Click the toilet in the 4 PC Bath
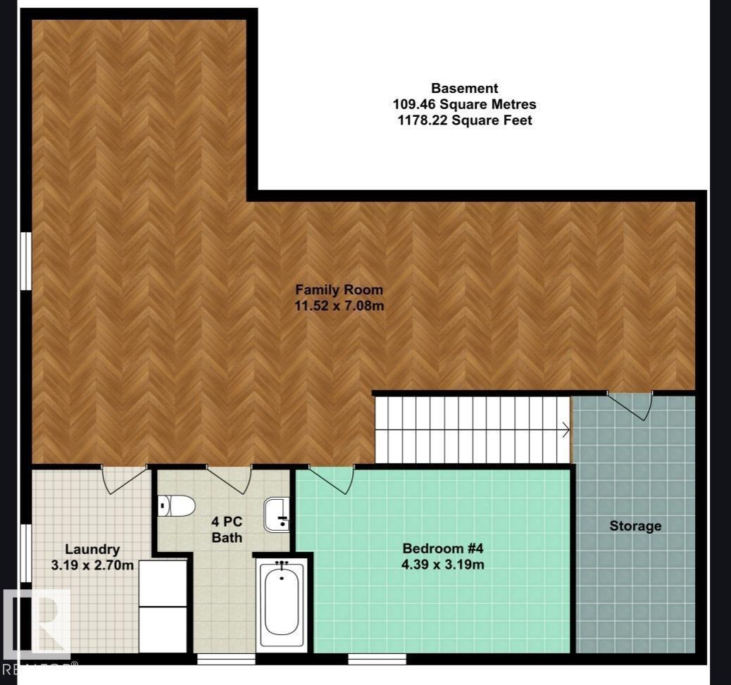pos(176,505)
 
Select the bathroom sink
pos(277,514)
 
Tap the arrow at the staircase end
pos(564,428)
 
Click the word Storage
pos(635,526)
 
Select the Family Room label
pos(339,289)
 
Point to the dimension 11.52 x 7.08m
pos(339,306)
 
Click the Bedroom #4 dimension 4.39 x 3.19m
pos(443,564)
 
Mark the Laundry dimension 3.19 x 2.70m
pos(92,565)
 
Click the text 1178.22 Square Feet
pos(465,120)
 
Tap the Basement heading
pos(465,88)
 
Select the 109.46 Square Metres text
pos(465,104)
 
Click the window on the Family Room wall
pos(26,261)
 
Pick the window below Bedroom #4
pos(377,660)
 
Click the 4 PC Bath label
pos(227,530)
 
